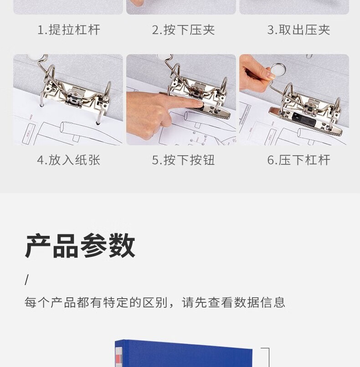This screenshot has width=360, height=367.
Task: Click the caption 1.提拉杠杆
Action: click(x=69, y=30)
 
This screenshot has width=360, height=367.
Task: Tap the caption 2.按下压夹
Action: click(x=183, y=30)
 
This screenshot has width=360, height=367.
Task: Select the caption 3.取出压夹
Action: click(x=298, y=30)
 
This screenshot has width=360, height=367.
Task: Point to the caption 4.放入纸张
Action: click(x=69, y=160)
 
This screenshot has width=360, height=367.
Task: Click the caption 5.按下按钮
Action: click(x=183, y=160)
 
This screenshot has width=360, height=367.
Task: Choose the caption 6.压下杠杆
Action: click(x=298, y=160)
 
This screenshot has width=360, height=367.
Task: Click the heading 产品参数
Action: click(x=80, y=245)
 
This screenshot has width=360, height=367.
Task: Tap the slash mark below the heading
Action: click(x=27, y=280)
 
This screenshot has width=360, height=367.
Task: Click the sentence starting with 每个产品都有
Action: click(x=155, y=302)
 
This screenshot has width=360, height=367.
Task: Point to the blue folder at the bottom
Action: click(x=184, y=353)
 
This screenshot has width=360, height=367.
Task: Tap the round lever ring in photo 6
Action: click(x=278, y=70)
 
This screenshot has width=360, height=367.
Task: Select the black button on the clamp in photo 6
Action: click(x=304, y=119)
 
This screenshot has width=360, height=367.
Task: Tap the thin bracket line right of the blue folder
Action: click(x=269, y=357)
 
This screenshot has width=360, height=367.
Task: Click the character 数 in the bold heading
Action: click(x=122, y=245)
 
